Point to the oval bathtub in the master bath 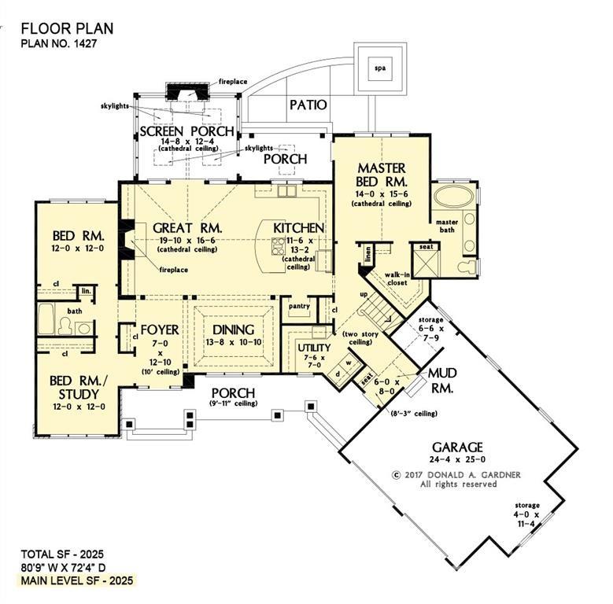[x=456, y=197]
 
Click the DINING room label [x=233, y=330]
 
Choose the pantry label [x=297, y=306]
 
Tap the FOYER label [x=160, y=330]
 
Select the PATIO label [x=308, y=105]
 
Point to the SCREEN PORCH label [x=186, y=131]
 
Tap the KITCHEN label [x=298, y=228]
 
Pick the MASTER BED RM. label [x=381, y=175]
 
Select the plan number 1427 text [x=59, y=44]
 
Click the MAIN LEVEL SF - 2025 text [x=77, y=580]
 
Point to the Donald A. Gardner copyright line [x=445, y=475]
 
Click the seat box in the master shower [x=426, y=247]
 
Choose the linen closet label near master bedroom [x=368, y=255]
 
